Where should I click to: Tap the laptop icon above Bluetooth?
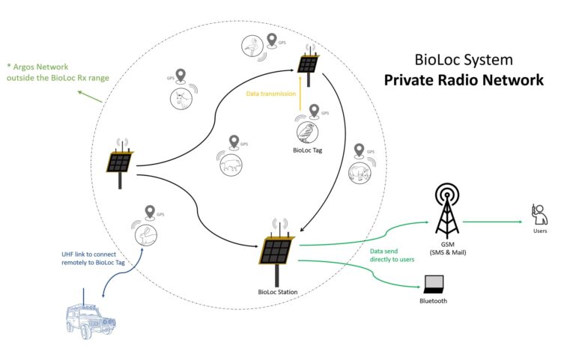tap(434, 284)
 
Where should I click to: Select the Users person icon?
tap(538, 214)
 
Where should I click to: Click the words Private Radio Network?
tap(464, 80)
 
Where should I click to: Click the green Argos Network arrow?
tap(90, 95)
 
